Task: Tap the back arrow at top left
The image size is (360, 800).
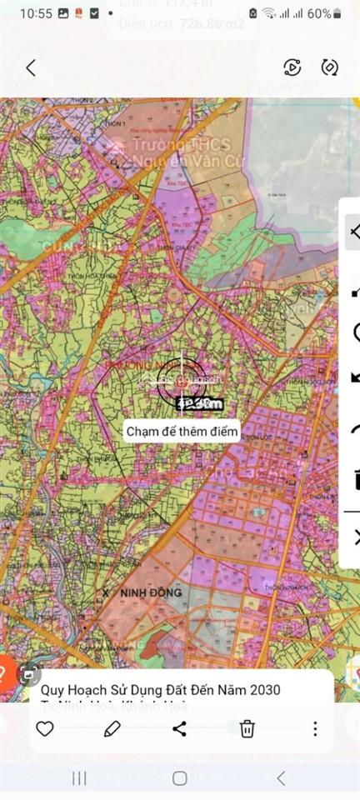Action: coord(31,67)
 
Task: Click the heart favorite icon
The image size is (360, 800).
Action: coord(45,729)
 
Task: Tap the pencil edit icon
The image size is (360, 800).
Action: coord(112,729)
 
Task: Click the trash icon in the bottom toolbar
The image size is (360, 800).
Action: coord(247,729)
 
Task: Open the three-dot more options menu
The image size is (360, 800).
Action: coord(315,729)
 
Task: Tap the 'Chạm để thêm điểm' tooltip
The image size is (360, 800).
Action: coord(182,432)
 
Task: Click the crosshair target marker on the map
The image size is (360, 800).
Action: coord(181,382)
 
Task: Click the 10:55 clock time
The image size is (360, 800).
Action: coord(36,13)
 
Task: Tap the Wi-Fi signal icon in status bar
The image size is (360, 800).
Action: coord(268,13)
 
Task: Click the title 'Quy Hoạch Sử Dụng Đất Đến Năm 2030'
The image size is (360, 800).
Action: coord(161,690)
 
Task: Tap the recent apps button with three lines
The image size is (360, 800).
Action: coord(79,778)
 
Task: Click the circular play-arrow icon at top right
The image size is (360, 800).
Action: coord(292,67)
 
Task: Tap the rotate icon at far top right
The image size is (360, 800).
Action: coord(330,67)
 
